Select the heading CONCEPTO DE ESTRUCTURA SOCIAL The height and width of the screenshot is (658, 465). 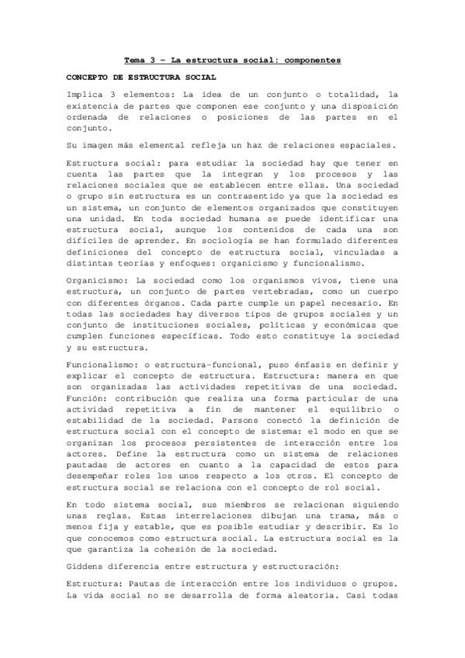140,78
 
